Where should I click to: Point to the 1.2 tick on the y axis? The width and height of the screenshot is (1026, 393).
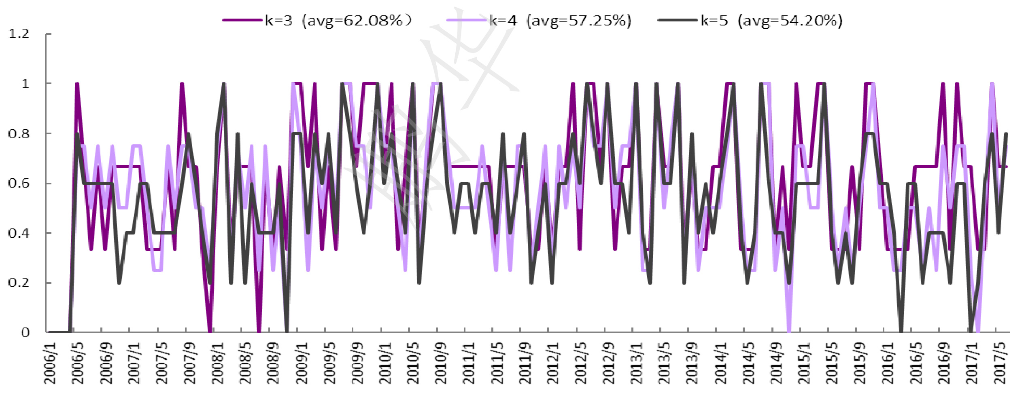[x=19, y=34]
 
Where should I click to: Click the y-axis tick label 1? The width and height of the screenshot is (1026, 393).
[x=25, y=84]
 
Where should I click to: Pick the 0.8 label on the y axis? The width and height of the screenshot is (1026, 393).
[x=19, y=133]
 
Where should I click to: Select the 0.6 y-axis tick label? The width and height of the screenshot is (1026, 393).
[x=19, y=183]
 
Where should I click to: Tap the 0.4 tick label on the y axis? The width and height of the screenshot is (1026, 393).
[x=19, y=233]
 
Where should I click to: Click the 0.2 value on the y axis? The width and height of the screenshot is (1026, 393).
[x=19, y=283]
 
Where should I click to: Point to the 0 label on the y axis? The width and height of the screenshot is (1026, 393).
[x=25, y=332]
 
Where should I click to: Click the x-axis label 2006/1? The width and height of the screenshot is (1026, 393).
[x=50, y=363]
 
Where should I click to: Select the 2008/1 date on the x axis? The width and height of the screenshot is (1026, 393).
[x=218, y=363]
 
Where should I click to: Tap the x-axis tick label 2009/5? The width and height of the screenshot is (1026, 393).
[x=329, y=363]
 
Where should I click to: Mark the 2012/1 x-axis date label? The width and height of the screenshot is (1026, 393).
[x=553, y=363]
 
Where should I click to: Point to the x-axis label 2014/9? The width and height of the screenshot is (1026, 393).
[x=776, y=363]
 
